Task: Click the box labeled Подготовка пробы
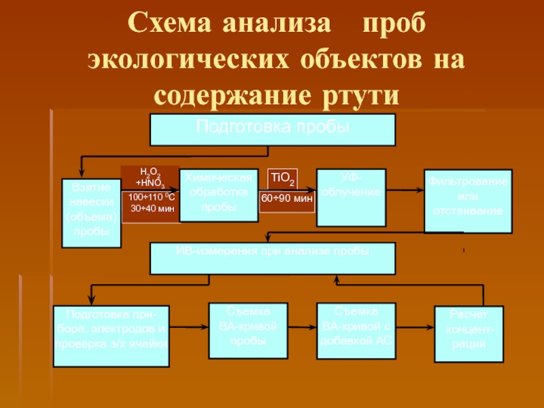pyautogui.click(x=272, y=130)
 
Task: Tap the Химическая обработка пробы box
pyautogui.click(x=219, y=194)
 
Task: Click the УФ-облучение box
pyautogui.click(x=352, y=197)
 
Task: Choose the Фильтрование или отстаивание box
pyautogui.click(x=468, y=201)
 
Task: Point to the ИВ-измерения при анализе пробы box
pyautogui.click(x=272, y=259)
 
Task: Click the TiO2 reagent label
pyautogui.click(x=282, y=179)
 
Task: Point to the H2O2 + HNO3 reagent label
pyautogui.click(x=150, y=177)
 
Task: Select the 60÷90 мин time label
pyautogui.click(x=287, y=199)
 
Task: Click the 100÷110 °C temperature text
pyautogui.click(x=152, y=198)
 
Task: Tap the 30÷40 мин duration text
pyautogui.click(x=152, y=209)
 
